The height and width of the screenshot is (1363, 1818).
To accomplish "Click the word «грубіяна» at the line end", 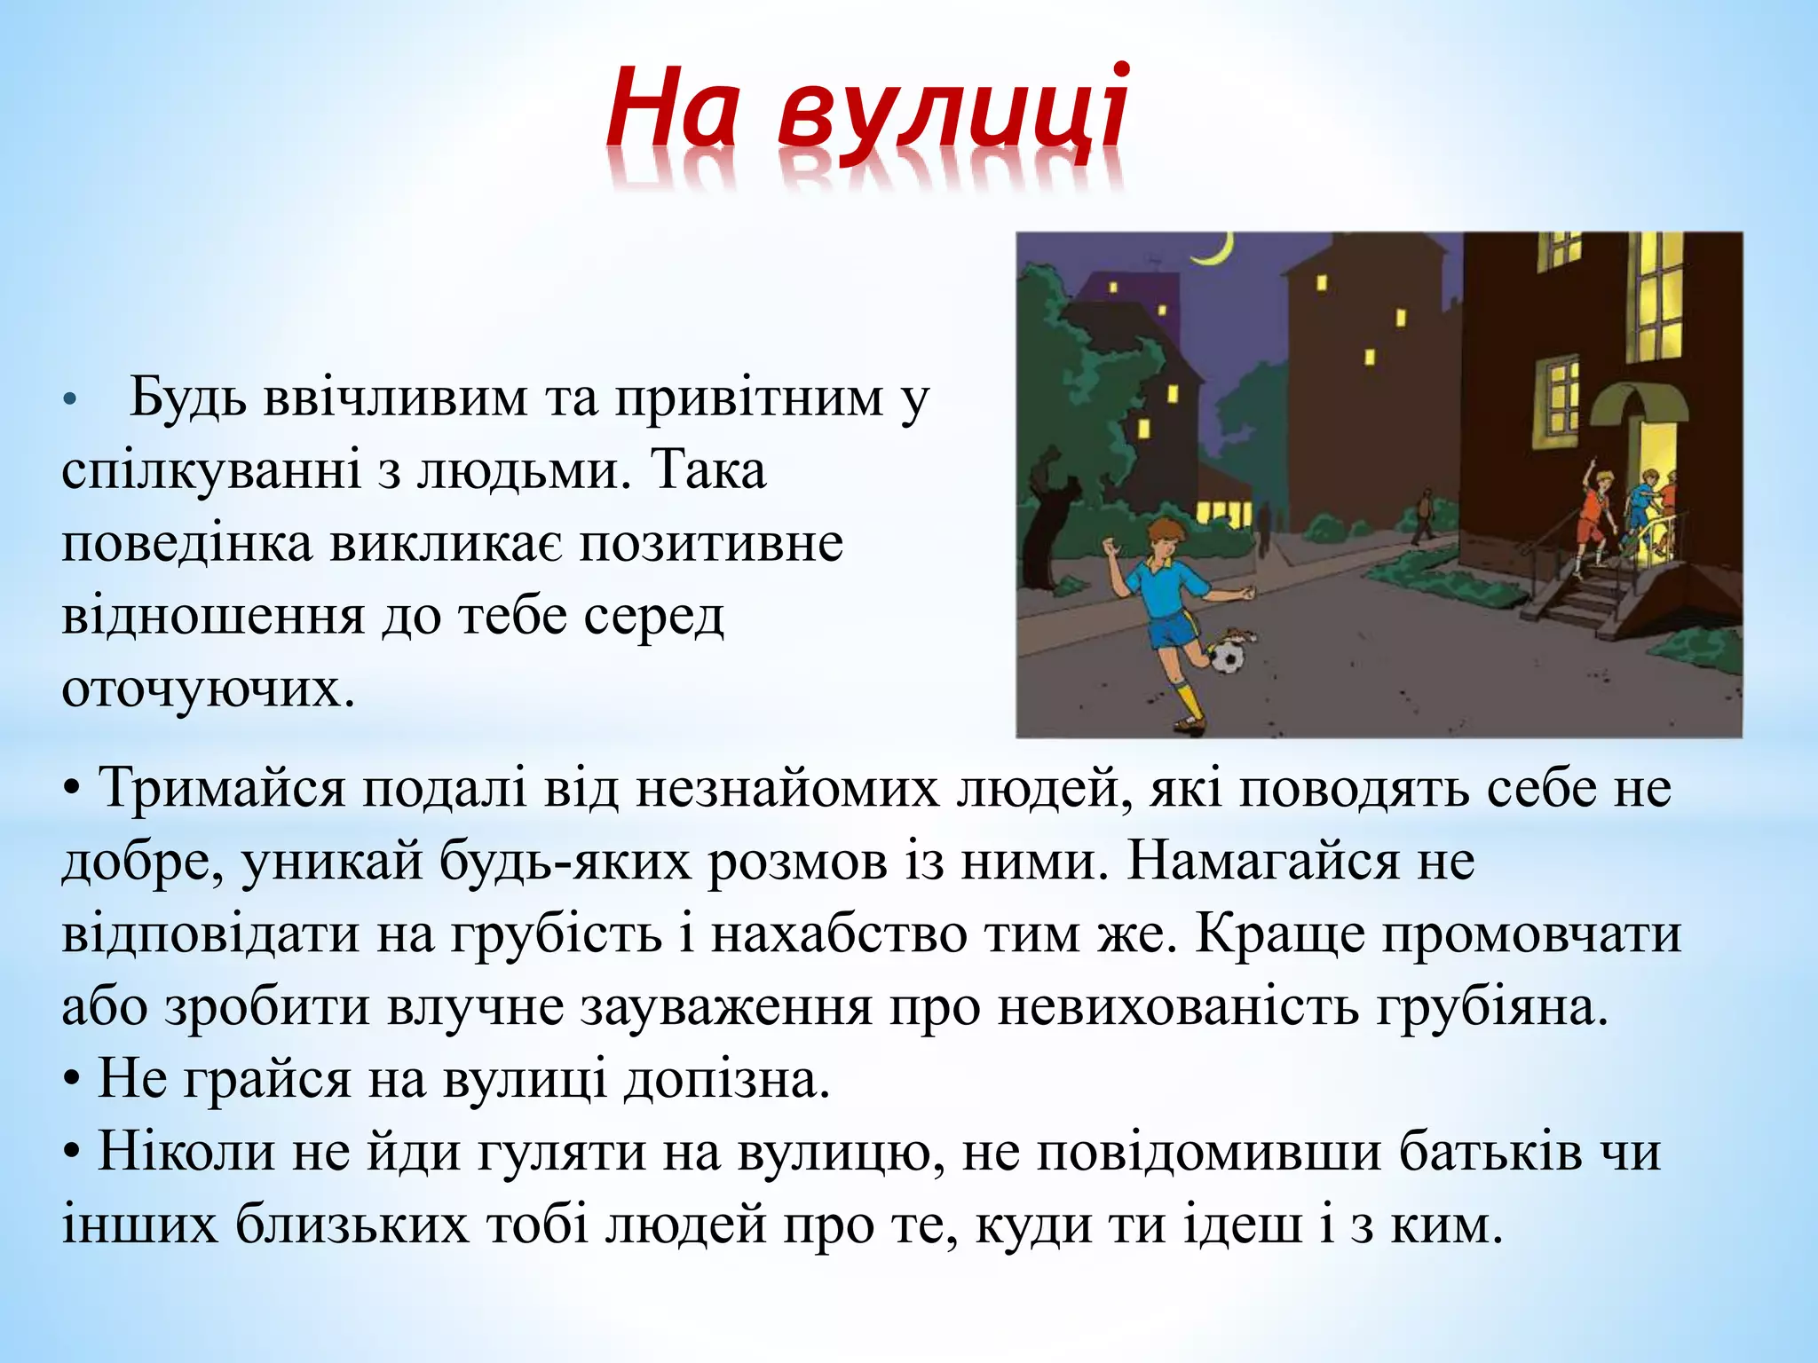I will [x=1492, y=1006].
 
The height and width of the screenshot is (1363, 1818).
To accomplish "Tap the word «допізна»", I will [x=725, y=1079].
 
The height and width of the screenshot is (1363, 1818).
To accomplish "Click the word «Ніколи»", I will [x=186, y=1152].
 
